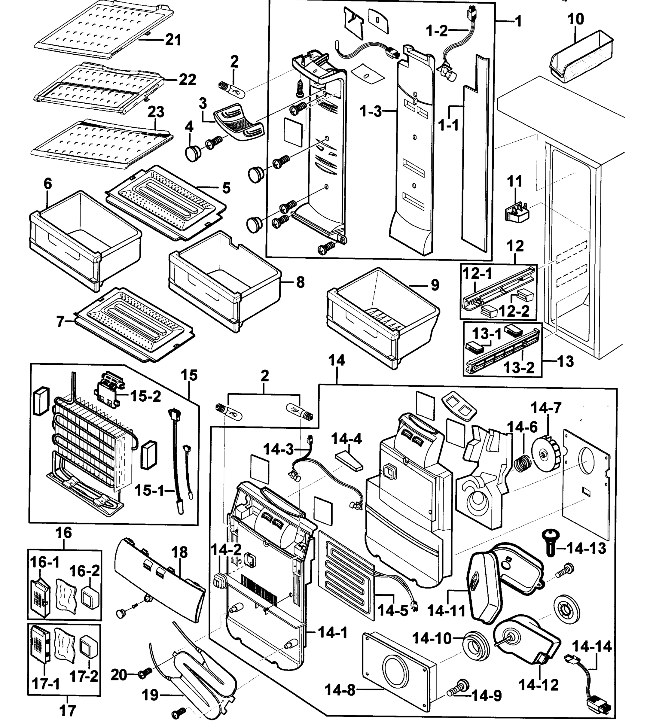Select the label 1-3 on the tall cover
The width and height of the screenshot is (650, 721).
click(x=371, y=112)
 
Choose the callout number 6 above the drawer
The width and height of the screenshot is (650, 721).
click(x=47, y=184)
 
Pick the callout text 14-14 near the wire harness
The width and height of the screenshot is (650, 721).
click(x=592, y=646)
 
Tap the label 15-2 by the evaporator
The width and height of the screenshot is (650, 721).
click(x=146, y=396)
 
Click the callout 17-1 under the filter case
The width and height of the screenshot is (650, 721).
click(x=46, y=684)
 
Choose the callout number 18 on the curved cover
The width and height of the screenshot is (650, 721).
click(x=179, y=552)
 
